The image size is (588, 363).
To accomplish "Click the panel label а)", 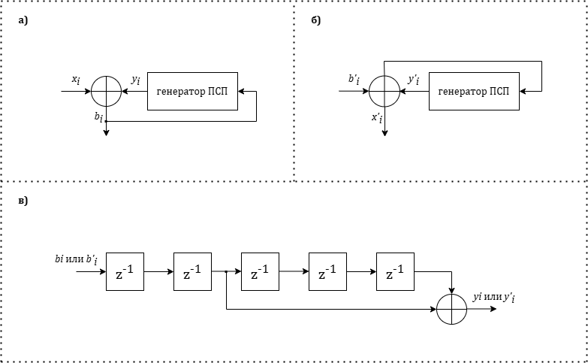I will click(23, 20).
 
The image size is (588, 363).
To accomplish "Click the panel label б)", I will click(315, 20).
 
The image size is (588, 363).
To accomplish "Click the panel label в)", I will click(23, 202).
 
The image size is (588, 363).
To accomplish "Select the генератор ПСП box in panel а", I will click(192, 92).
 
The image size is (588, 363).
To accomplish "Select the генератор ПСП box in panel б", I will click(473, 92).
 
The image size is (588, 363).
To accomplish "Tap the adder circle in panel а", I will click(106, 92).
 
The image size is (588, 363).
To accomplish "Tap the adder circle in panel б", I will click(384, 92).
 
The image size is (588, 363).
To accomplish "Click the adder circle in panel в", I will click(452, 309).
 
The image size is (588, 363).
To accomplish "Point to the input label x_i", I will click(76, 80).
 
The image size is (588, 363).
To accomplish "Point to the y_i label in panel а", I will click(135, 80).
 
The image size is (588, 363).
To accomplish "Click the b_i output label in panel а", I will click(98, 116).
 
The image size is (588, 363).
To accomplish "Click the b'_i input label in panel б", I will click(354, 80).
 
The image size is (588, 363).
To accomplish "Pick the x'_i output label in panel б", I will click(376, 118).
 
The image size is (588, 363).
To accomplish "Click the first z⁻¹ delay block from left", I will click(125, 272).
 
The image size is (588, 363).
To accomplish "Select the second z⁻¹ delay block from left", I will click(192, 272).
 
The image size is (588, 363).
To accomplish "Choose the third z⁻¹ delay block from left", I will click(260, 272).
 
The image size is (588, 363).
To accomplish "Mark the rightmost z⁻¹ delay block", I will click(395, 272).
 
